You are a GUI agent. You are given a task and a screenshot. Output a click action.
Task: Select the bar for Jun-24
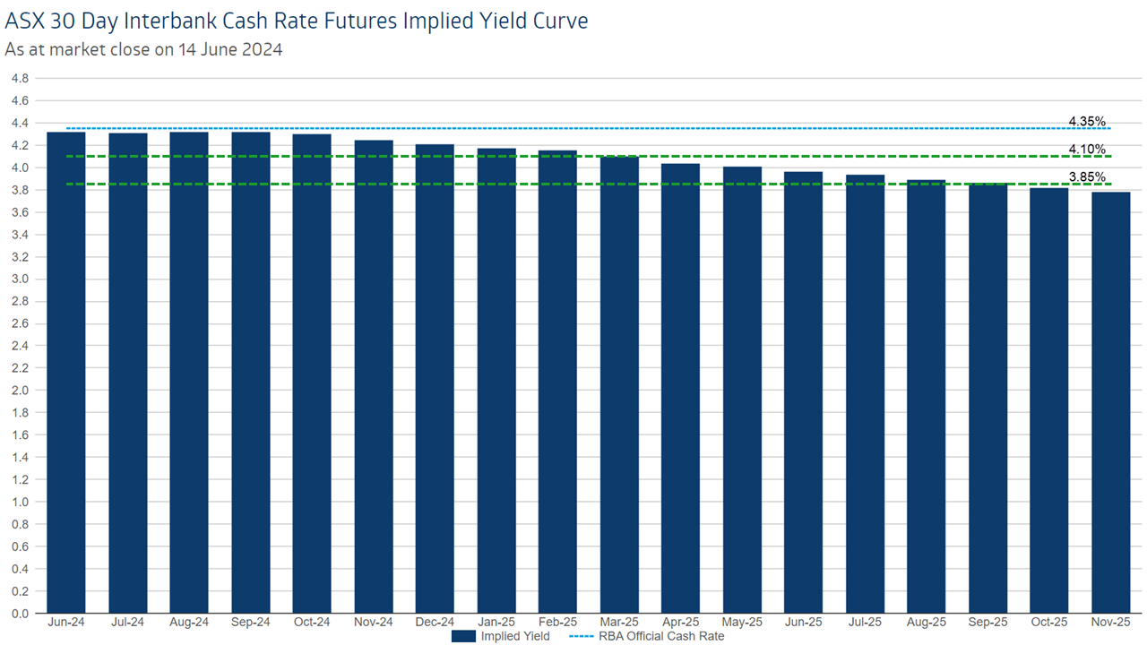(x=66, y=372)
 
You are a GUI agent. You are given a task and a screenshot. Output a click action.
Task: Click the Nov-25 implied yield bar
(x=1110, y=402)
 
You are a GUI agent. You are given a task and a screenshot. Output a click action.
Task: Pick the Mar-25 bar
(x=619, y=384)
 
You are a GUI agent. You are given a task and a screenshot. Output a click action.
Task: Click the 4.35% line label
(x=1087, y=121)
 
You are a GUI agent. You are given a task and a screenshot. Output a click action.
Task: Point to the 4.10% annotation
(x=1087, y=149)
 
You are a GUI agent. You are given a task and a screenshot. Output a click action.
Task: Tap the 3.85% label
(x=1087, y=176)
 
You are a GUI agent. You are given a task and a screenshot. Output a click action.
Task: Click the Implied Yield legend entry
(x=500, y=636)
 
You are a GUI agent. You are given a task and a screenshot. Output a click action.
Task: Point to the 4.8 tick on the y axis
(x=20, y=79)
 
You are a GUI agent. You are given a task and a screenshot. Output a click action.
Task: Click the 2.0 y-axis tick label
(x=20, y=391)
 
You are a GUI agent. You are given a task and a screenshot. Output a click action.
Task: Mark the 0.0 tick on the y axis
(x=20, y=614)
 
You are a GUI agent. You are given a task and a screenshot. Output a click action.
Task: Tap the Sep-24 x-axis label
(x=251, y=622)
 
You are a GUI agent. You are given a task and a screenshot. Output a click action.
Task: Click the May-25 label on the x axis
(x=742, y=622)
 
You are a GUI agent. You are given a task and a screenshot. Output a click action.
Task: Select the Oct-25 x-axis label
(x=1048, y=622)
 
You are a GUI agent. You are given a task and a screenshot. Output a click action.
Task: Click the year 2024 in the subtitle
(x=261, y=49)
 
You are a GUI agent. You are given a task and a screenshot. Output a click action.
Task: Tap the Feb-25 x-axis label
(x=557, y=622)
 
